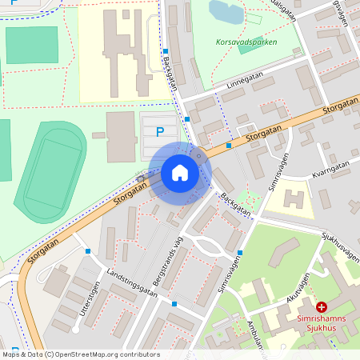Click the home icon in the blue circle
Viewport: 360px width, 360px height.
[x=180, y=173]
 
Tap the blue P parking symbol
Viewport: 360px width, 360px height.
[x=160, y=132]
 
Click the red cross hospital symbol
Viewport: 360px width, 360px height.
[x=322, y=306]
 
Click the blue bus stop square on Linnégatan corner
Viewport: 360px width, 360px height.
[x=187, y=119]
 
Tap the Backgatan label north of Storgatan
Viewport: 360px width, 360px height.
[x=168, y=73]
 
